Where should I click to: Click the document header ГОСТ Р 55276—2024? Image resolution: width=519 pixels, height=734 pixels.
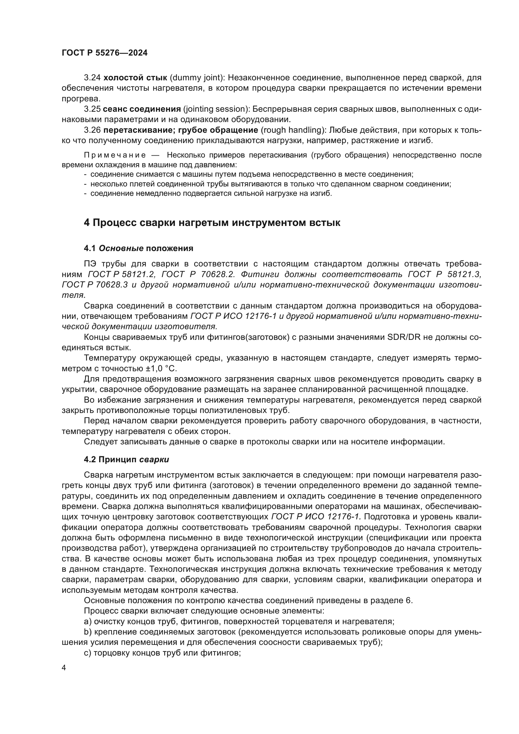pos(104,53)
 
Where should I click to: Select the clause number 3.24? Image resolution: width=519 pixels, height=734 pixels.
pos(92,78)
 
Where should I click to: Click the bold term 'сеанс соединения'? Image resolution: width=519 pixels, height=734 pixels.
pos(142,109)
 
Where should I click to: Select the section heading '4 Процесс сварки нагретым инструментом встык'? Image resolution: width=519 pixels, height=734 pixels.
pos(212,222)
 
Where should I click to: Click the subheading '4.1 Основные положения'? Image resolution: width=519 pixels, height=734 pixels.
pos(138,249)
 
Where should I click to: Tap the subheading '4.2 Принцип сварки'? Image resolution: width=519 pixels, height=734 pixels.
pos(126,460)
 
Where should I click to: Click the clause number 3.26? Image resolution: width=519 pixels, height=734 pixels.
pos(92,130)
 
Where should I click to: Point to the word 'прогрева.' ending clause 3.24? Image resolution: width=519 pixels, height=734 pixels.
pos(81,99)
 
